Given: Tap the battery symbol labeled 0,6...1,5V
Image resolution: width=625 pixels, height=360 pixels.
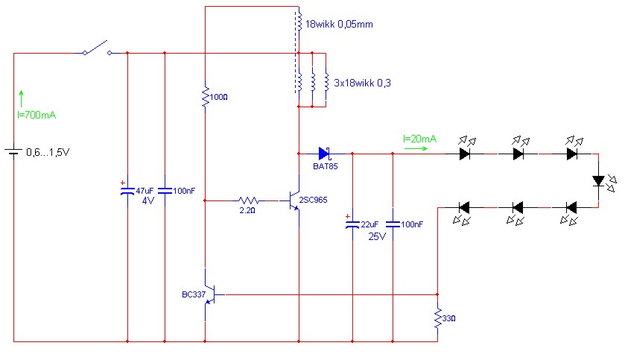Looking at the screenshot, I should click(x=14, y=153).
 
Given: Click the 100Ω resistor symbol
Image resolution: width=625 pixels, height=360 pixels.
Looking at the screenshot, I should click(x=204, y=96).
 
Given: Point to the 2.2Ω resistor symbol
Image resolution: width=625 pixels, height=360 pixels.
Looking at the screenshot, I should click(x=248, y=200).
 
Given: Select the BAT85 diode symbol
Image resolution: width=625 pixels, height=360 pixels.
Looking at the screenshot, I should click(x=324, y=154).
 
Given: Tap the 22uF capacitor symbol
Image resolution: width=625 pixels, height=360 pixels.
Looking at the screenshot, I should click(x=352, y=226).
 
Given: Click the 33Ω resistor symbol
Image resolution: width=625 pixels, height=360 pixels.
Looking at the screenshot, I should click(x=437, y=319).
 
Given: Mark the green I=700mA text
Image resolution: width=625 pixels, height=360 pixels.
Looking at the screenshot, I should click(x=37, y=116).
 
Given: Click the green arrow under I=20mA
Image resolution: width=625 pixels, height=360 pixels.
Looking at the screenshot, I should click(x=415, y=148).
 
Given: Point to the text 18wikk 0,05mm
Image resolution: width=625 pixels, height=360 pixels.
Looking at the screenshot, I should click(x=339, y=25).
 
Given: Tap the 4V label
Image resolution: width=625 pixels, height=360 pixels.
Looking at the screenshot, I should click(x=147, y=200).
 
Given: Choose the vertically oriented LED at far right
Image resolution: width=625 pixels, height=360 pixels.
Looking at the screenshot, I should click(x=597, y=180).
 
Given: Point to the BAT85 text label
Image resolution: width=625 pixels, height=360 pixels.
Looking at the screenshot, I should click(x=325, y=167).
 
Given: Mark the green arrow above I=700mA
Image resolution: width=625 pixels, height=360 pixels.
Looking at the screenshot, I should click(x=22, y=98).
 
